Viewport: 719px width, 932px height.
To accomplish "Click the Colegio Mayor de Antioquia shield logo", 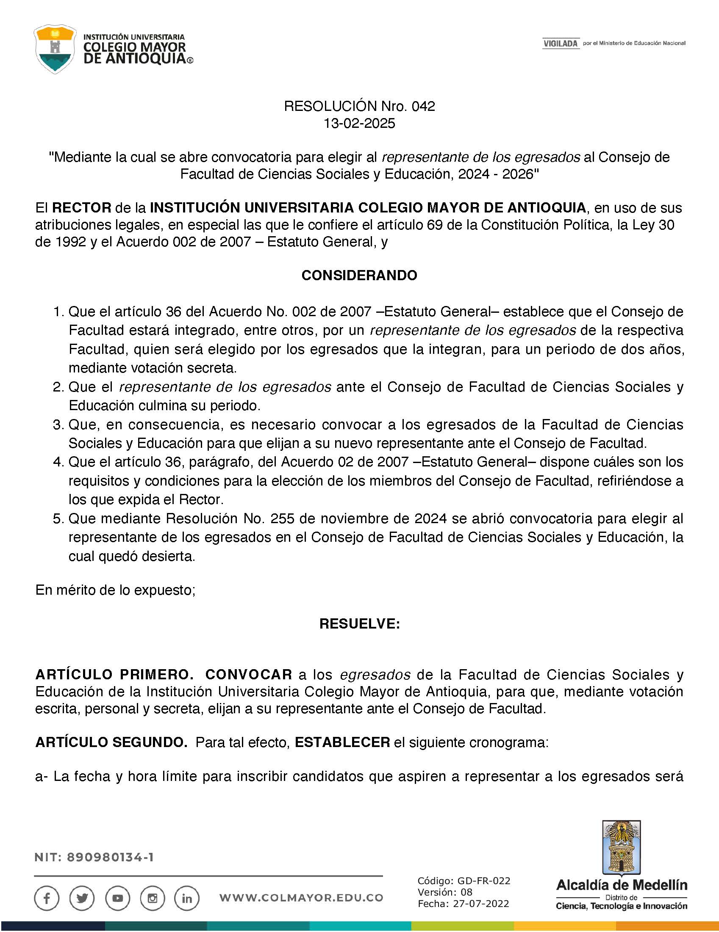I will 56,49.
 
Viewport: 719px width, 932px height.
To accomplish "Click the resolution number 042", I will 423,106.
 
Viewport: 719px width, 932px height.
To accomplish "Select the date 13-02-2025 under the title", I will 359,123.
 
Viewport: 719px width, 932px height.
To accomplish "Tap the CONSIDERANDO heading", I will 359,275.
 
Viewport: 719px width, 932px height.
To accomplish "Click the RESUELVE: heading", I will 359,624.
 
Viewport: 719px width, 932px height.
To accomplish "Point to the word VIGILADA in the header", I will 561,44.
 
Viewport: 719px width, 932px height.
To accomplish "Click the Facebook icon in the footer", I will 47,898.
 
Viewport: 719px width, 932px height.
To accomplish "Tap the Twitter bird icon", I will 82,898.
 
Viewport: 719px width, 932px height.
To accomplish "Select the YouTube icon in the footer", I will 117,898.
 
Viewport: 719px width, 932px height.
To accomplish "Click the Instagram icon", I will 153,898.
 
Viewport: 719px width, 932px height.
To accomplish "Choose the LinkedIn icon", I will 187,898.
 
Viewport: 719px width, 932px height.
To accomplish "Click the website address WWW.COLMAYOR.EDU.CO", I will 301,898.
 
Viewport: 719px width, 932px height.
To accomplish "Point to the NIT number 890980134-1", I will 110,858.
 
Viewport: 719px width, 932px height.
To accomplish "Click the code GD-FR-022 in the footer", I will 483,881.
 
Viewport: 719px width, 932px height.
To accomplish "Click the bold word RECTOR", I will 82,208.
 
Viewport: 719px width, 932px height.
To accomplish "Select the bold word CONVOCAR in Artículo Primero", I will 249,675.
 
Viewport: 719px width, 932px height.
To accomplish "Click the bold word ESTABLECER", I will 342,742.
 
